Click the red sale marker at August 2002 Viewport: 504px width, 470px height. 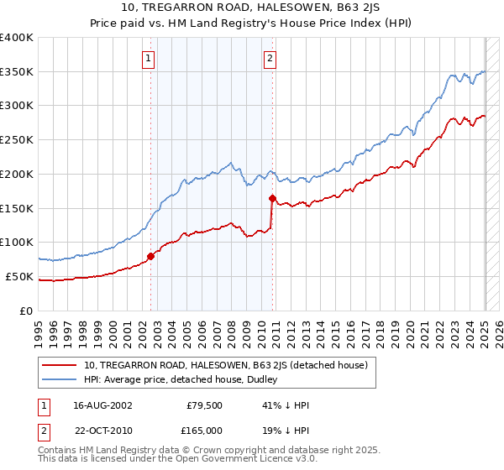[151, 256]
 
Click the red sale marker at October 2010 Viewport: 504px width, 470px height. [272, 198]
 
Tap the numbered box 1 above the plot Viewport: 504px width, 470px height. [148, 59]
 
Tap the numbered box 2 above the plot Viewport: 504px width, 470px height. [270, 59]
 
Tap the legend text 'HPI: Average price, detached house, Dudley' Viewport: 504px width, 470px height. [182, 379]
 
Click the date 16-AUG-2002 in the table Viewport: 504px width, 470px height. [102, 405]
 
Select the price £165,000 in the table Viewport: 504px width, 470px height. [205, 430]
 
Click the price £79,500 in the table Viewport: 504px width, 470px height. [205, 405]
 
